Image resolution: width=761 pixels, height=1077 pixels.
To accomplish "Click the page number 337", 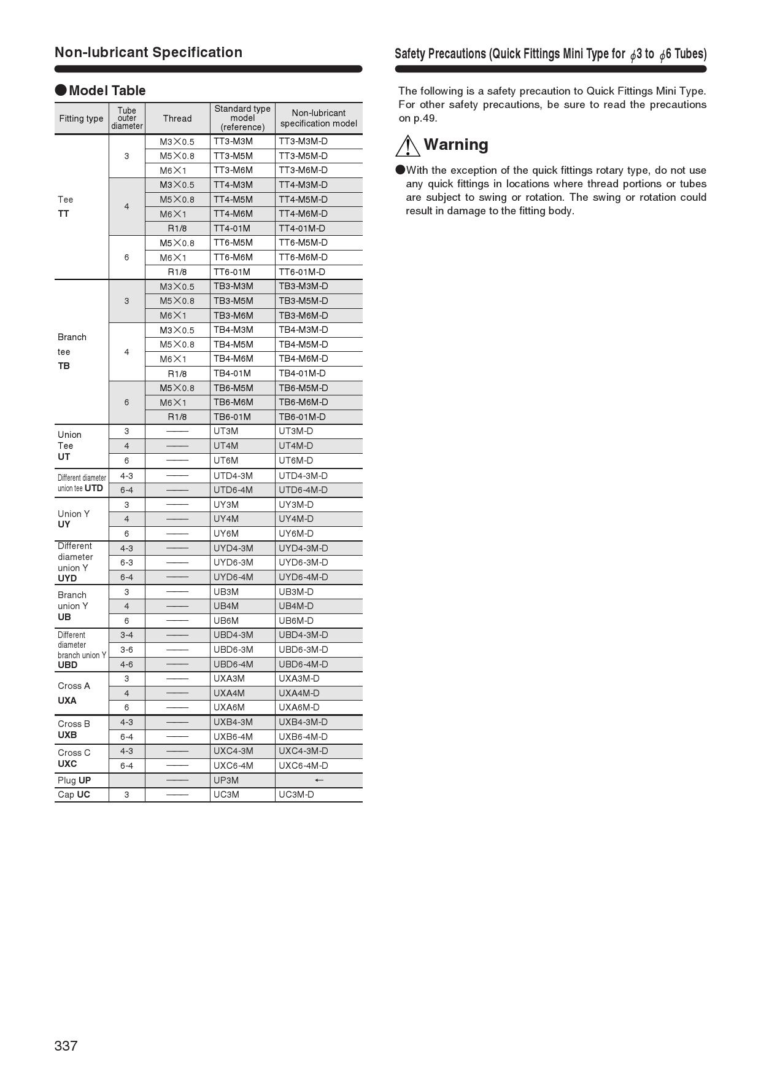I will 66,1046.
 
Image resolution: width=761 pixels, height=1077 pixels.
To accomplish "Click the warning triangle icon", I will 408,146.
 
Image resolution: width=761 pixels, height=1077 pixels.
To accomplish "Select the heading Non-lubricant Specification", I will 149,52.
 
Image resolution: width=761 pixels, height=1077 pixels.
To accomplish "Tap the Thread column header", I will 177,119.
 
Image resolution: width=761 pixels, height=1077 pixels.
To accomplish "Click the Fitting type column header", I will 81,119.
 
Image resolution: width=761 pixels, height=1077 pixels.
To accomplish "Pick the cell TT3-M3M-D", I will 303,141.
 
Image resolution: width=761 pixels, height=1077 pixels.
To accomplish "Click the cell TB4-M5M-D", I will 303,344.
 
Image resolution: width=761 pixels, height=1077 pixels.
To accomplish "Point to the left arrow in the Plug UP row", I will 319,780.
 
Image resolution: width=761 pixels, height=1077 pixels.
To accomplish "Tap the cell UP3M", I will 226,780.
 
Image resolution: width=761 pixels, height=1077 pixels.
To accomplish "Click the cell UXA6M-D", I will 299,707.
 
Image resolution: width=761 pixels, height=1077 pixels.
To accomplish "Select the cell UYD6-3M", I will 233,562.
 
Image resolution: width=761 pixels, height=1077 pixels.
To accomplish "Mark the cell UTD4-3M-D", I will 303,476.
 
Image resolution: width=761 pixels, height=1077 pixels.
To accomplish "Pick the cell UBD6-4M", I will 233,664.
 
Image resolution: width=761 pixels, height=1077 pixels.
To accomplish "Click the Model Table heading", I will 107,91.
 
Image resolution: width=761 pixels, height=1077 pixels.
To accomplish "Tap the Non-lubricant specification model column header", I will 319,119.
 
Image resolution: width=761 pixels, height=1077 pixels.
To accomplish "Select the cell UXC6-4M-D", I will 303,766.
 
